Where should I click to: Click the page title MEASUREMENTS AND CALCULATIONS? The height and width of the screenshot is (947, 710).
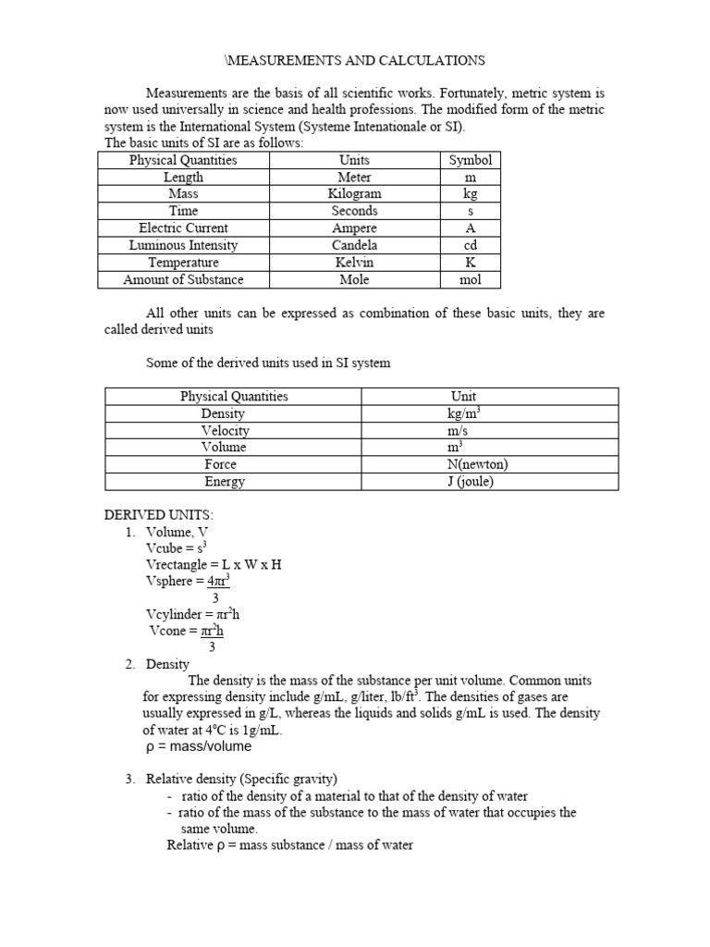click(355, 60)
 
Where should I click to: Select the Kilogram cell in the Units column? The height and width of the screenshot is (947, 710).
click(354, 194)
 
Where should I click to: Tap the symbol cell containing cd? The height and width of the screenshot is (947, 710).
click(470, 245)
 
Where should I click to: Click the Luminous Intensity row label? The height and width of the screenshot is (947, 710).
click(183, 245)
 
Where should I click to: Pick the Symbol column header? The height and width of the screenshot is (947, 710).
click(470, 160)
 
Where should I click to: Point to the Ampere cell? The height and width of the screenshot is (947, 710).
click(354, 228)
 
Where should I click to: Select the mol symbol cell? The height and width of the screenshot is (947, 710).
click(470, 279)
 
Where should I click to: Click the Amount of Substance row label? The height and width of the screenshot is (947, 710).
click(183, 279)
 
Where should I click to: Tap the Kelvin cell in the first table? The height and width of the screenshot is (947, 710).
click(354, 263)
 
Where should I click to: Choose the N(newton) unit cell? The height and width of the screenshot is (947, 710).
click(476, 464)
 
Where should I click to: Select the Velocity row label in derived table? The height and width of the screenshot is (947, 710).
click(225, 431)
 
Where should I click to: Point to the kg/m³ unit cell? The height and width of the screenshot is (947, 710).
click(463, 413)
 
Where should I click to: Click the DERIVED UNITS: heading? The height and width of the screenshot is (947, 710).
click(158, 514)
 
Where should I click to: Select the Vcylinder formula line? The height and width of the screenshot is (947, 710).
click(193, 614)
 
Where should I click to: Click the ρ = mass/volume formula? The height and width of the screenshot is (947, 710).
click(198, 746)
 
